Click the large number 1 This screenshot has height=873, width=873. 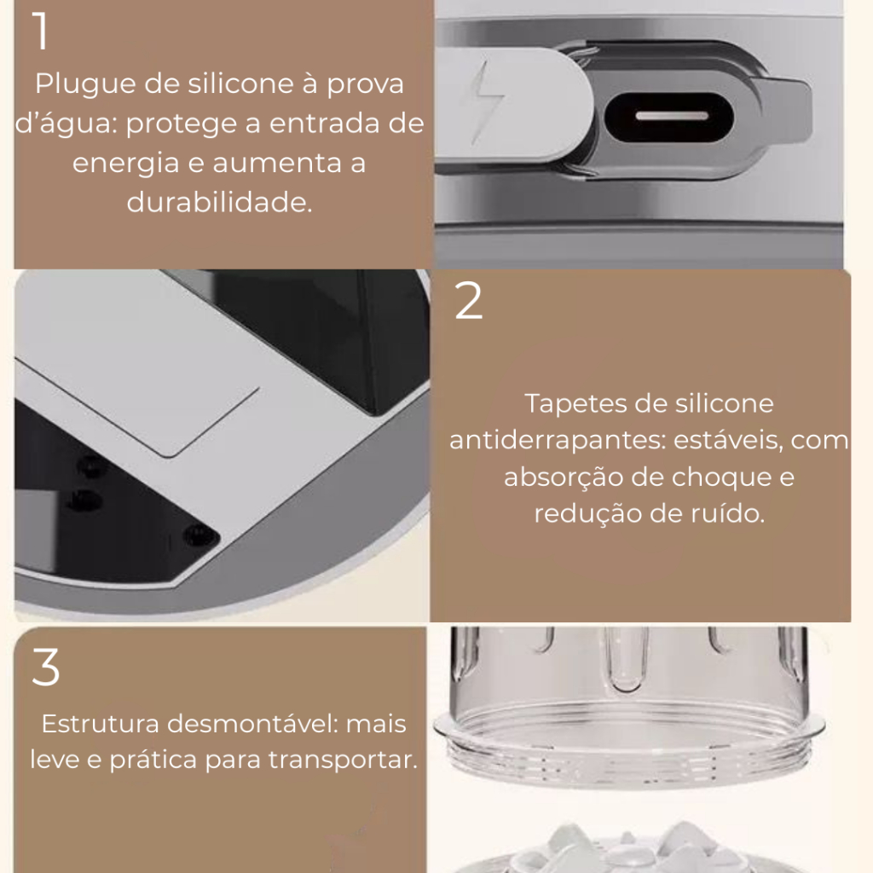(x=41, y=32)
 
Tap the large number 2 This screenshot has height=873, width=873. (x=469, y=300)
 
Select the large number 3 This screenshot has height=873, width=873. (x=46, y=667)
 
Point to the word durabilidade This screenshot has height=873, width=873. (x=219, y=202)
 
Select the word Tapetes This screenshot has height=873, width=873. (x=568, y=404)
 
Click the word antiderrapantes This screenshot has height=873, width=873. (x=558, y=441)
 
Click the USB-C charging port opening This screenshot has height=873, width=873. (x=669, y=117)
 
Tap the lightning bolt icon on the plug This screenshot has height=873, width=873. (x=487, y=103)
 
